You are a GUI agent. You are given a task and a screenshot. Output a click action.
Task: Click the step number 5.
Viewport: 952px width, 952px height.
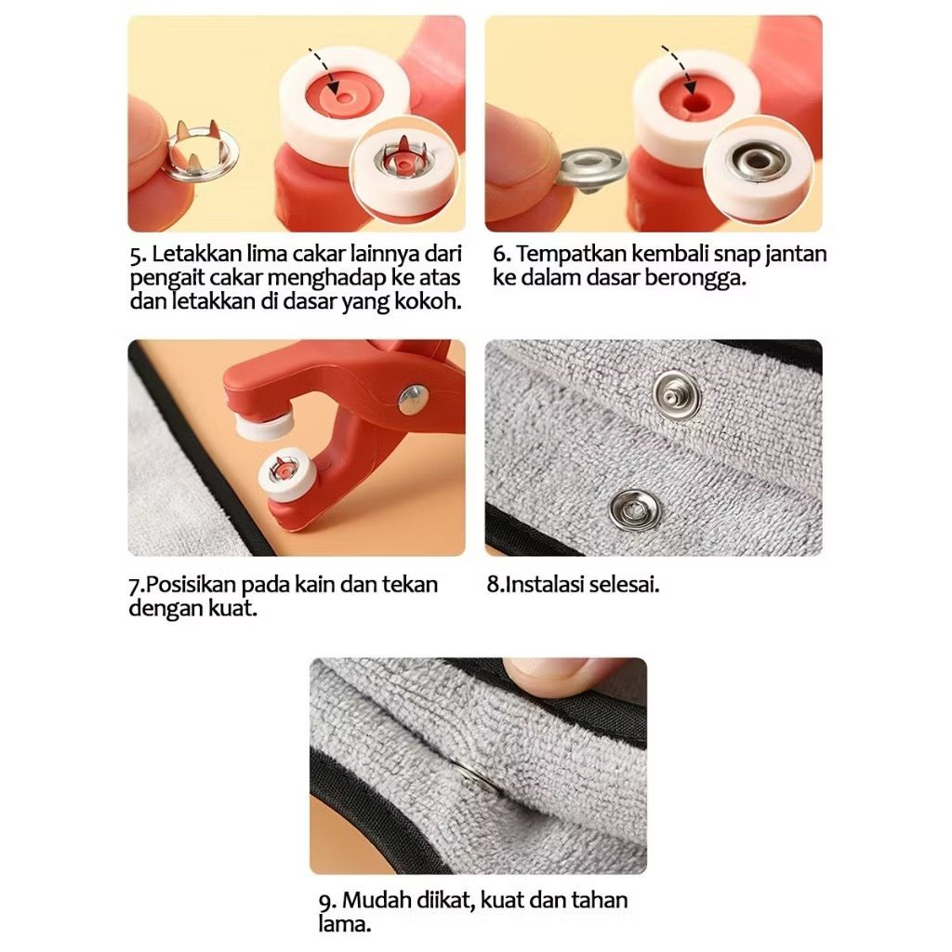pos(138,255)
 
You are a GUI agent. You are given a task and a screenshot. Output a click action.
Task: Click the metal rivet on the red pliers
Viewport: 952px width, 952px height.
pos(414,400)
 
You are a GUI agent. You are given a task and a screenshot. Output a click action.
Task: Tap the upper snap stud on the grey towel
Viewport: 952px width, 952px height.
pos(676,395)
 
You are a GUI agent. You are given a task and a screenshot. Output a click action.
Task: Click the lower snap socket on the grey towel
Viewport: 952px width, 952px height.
pos(634,509)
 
